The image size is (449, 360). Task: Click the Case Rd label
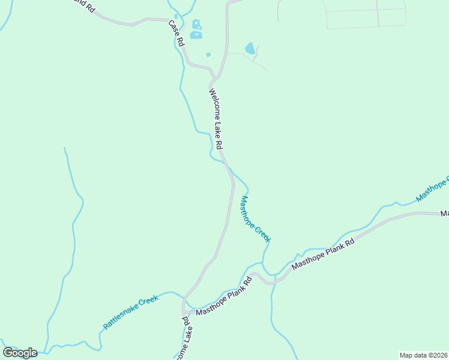(x=175, y=34)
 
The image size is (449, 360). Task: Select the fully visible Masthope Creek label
(x=256, y=219)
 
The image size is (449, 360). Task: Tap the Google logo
(x=20, y=352)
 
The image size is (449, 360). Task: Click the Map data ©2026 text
(x=423, y=355)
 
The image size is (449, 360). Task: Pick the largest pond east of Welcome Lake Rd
(x=250, y=48)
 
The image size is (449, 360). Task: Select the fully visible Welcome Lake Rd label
(x=215, y=119)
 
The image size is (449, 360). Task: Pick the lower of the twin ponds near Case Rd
(x=196, y=35)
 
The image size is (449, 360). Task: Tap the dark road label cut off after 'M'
(x=445, y=214)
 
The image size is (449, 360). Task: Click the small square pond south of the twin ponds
(x=208, y=55)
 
